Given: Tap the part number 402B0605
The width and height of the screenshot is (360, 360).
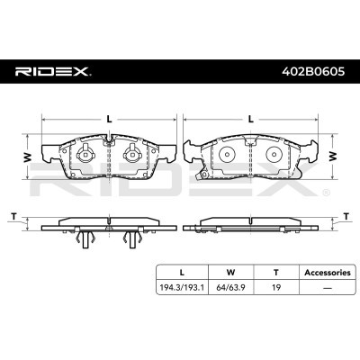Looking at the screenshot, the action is coord(313,72).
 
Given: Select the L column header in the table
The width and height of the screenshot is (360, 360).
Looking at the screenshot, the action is coord(182,273).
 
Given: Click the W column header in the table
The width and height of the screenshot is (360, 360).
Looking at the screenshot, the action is coord(230,273).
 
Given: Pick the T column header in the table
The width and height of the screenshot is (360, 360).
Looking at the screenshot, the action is coord(276,273).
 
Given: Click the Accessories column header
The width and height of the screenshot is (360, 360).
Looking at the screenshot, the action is coord(328,273).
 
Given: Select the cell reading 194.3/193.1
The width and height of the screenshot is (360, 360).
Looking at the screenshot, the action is coord(182,287).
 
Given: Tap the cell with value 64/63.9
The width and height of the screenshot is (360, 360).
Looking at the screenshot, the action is coord(231,287).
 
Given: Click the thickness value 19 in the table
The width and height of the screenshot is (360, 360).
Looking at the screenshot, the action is coord(276,287).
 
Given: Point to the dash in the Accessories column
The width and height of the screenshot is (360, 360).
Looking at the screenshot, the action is coord(328,288).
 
